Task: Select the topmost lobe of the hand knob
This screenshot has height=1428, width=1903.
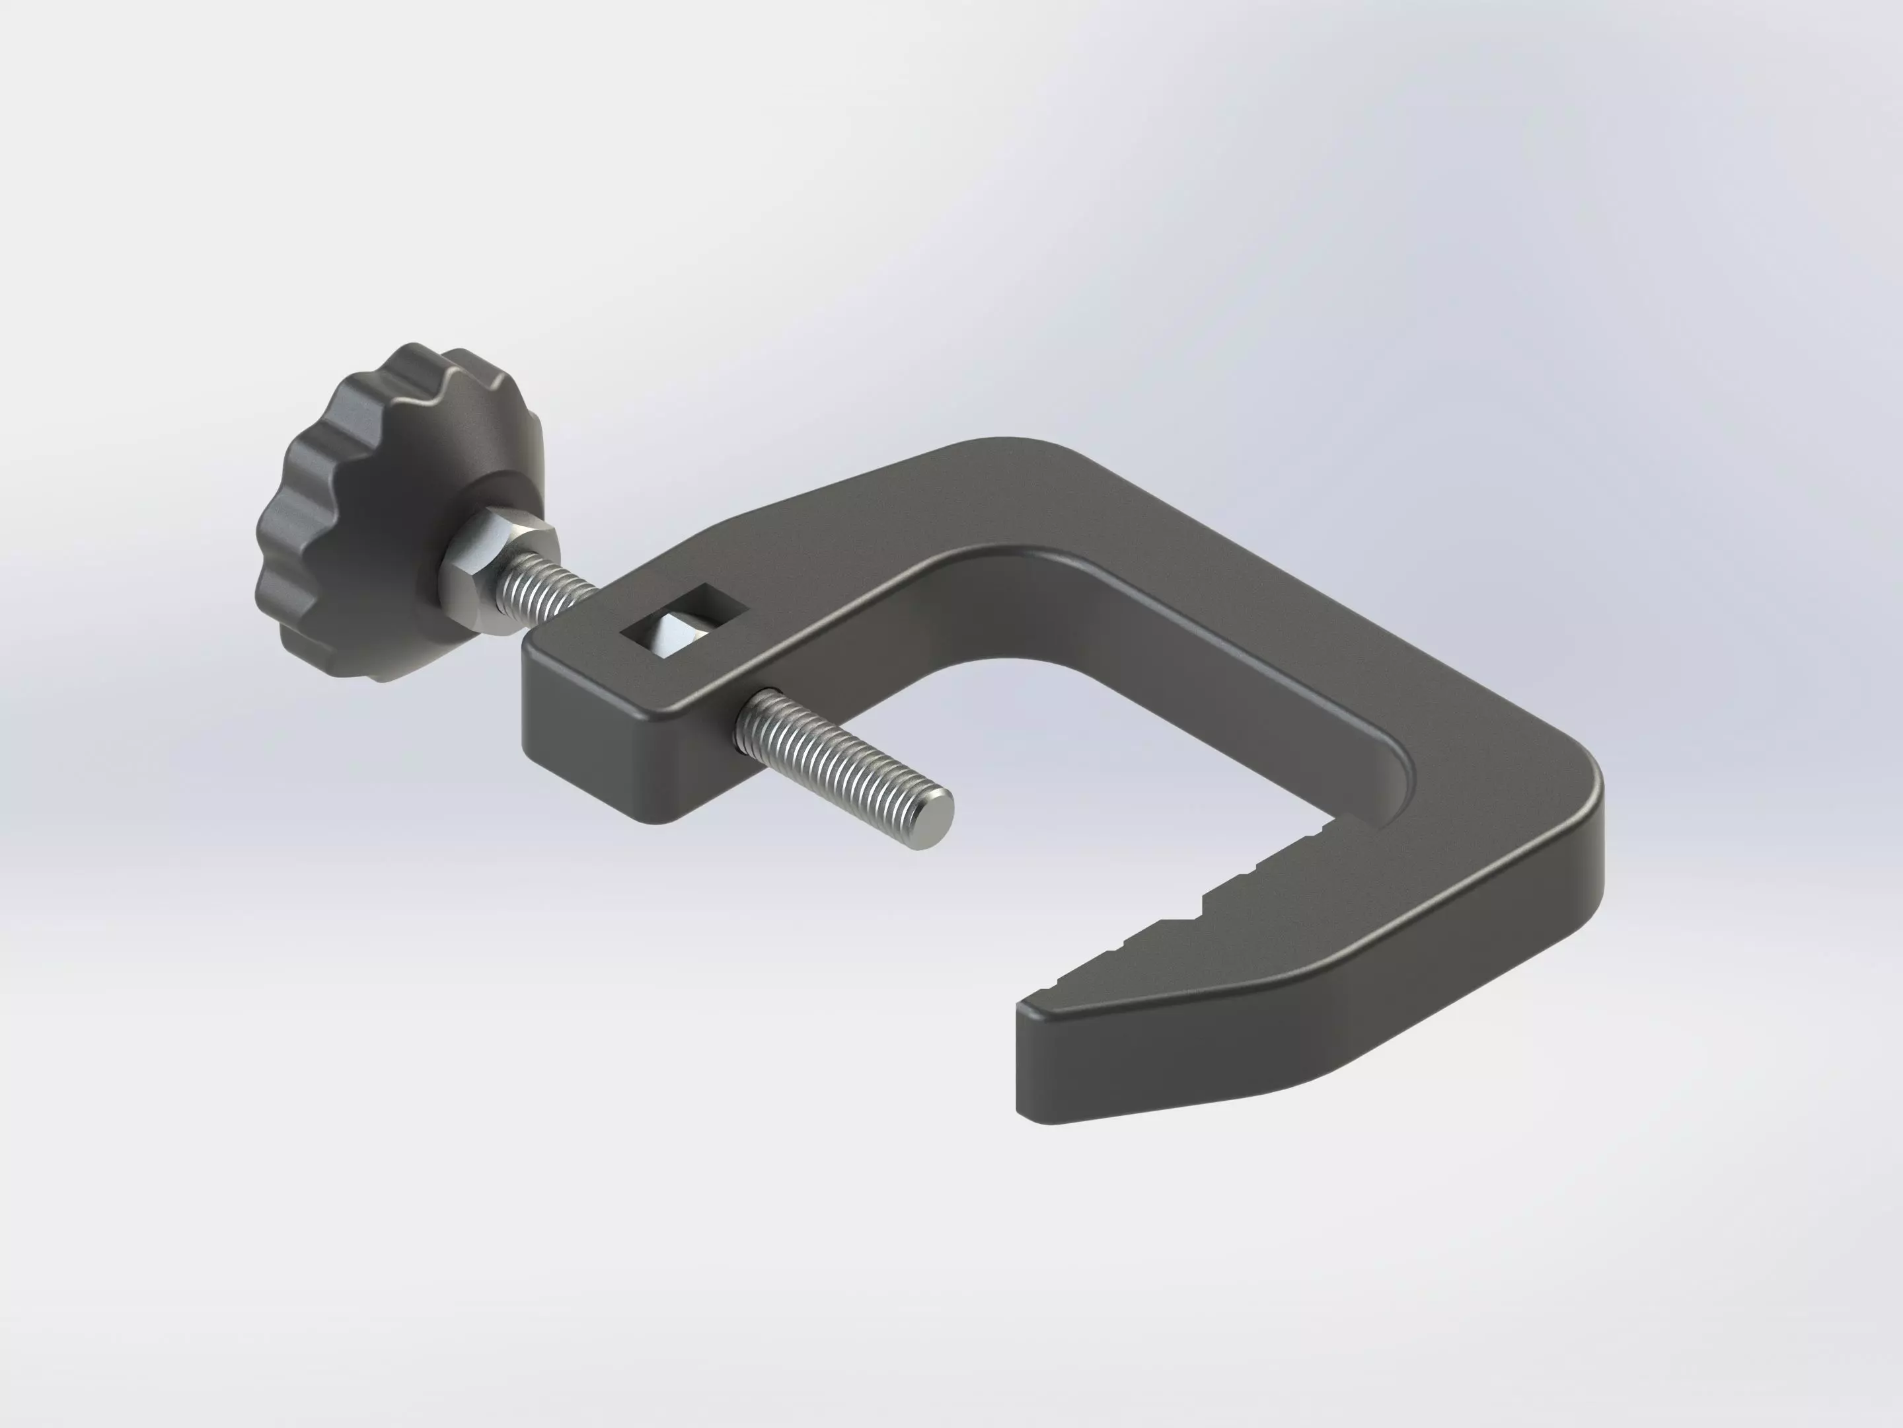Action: pyautogui.click(x=422, y=362)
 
